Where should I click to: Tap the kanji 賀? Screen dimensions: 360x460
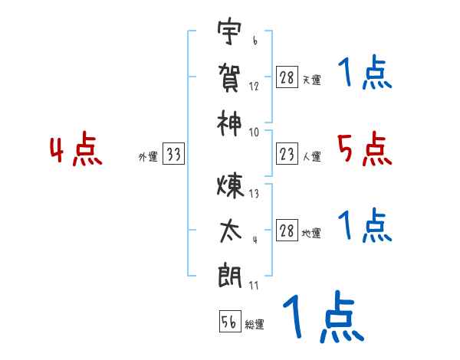coord(229,77)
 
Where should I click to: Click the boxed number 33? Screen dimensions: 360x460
coord(172,155)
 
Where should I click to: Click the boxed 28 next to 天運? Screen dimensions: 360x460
coord(287,78)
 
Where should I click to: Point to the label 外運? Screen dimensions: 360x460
coord(148,157)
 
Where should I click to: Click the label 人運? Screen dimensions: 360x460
coord(311,157)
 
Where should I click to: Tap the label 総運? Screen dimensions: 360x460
coord(255,324)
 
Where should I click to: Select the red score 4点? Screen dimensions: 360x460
coord(75,151)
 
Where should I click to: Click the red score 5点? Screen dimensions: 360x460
coord(364,149)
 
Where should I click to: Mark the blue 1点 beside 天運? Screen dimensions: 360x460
coord(364,74)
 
